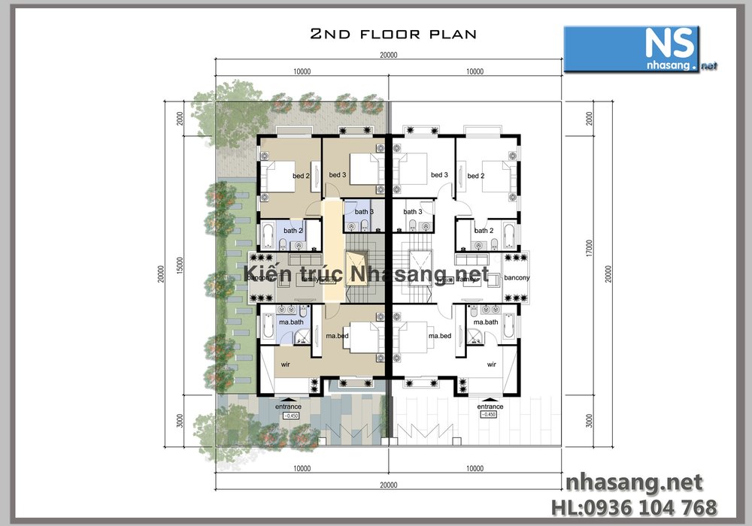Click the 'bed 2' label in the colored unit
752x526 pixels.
302,176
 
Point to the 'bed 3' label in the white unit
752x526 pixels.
439,175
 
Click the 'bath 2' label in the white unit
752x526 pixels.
484,231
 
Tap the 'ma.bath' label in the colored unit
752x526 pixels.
291,322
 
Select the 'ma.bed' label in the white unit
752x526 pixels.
439,336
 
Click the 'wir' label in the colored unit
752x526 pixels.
286,364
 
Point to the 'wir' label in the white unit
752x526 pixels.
491,364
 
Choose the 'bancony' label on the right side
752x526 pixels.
517,278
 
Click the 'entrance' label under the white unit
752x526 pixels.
490,407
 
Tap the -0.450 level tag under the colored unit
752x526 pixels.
290,415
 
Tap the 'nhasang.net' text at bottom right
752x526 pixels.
633,482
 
